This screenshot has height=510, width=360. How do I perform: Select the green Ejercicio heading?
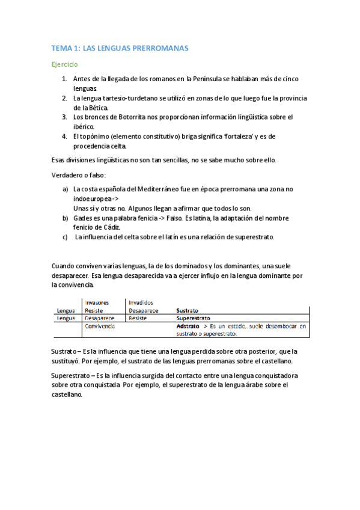tap(64, 64)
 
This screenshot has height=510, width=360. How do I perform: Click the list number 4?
tap(64, 136)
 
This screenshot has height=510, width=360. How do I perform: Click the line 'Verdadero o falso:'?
tap(79, 175)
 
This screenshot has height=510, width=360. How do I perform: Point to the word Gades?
tap(83, 218)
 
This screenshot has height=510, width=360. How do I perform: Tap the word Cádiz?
tap(110, 227)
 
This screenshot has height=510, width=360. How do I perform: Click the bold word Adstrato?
tap(190, 326)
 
